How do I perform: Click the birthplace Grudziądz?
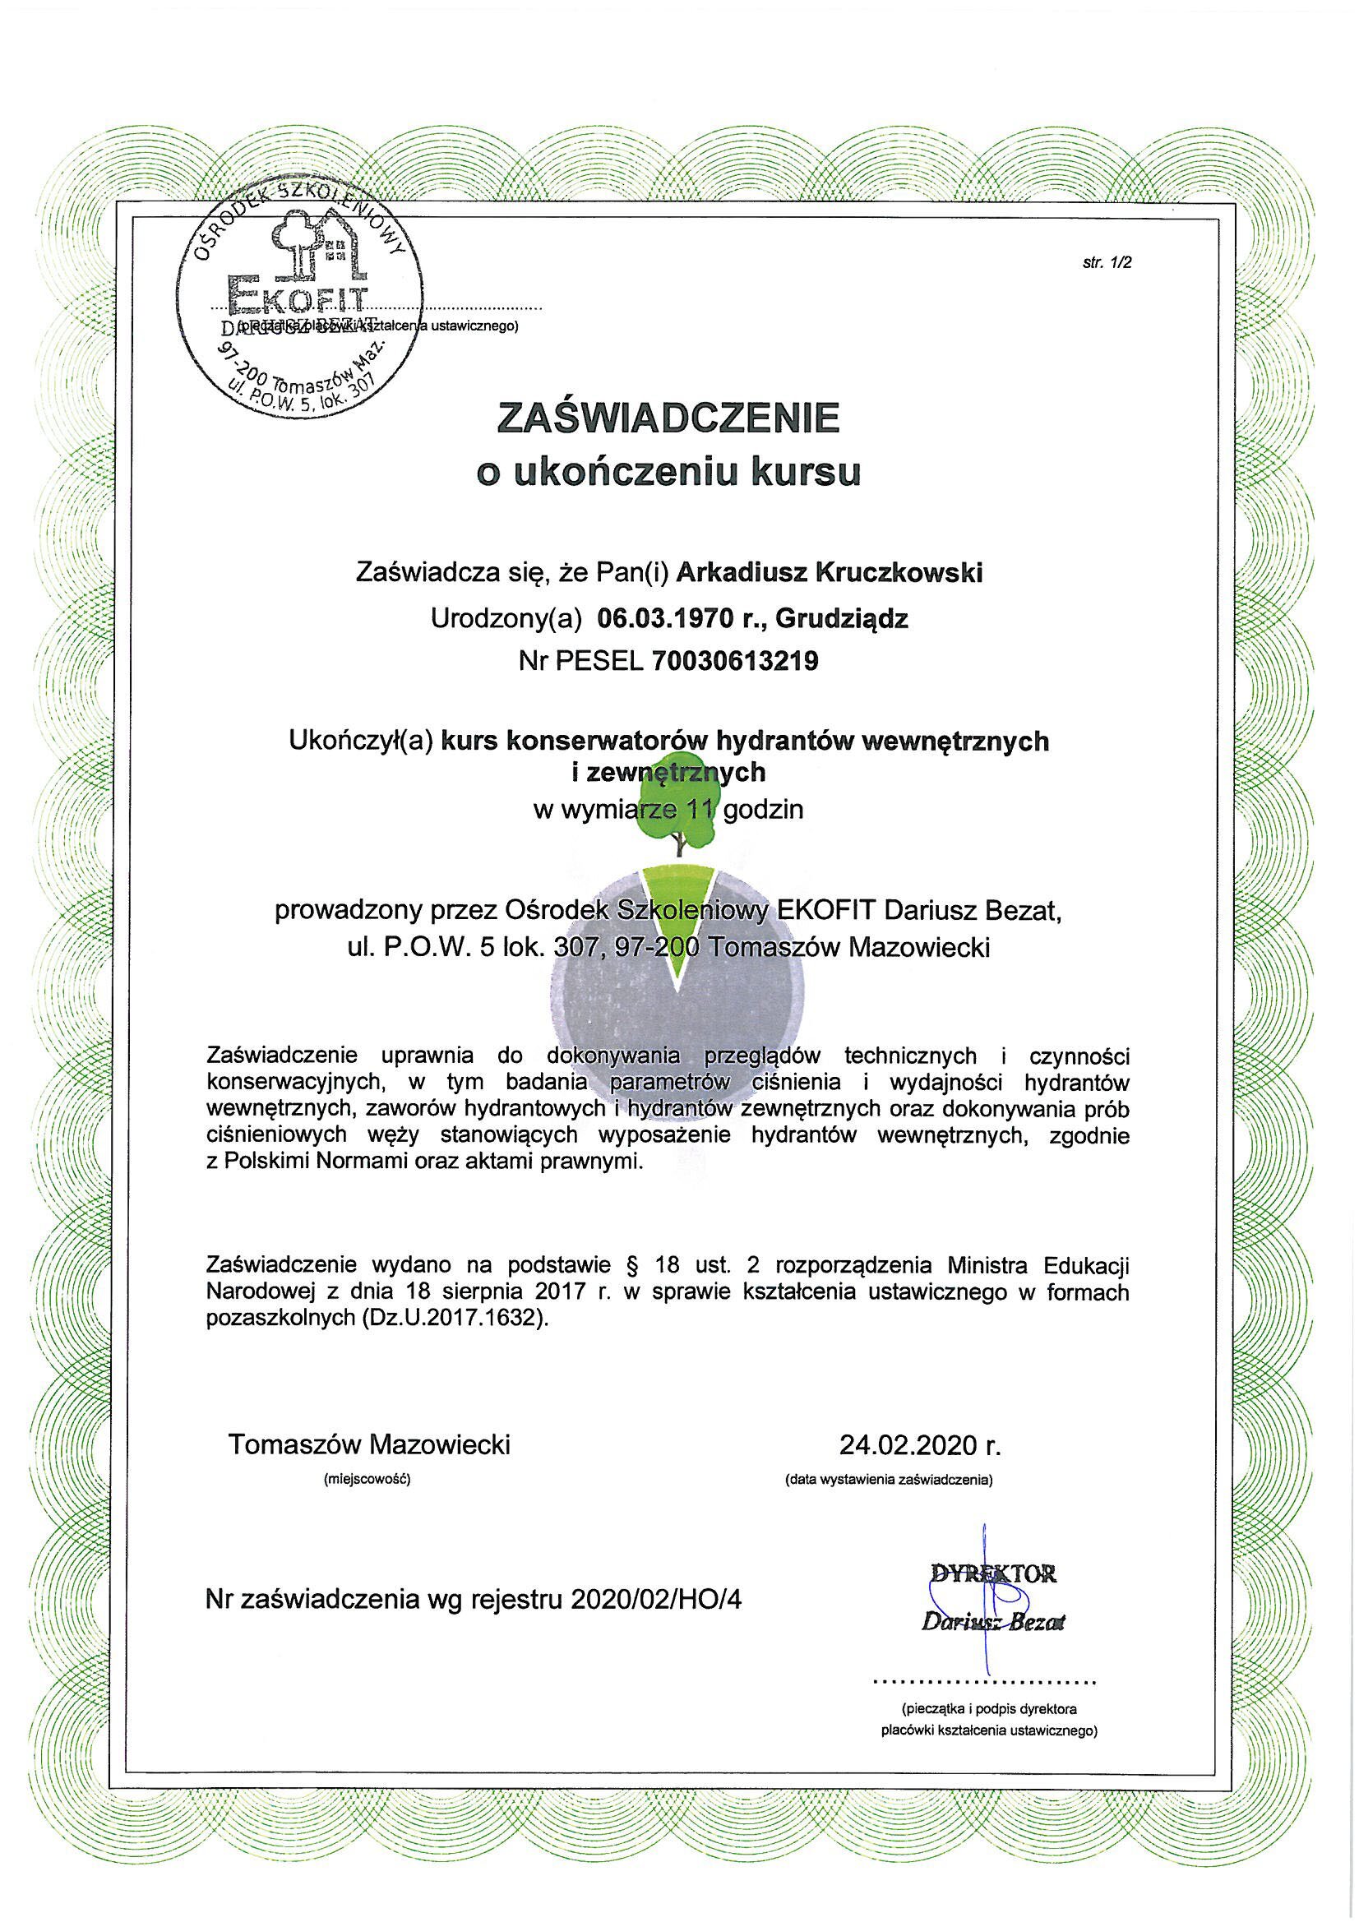point(843,619)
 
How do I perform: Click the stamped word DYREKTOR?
point(993,1574)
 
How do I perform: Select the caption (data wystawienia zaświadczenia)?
point(889,1480)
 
